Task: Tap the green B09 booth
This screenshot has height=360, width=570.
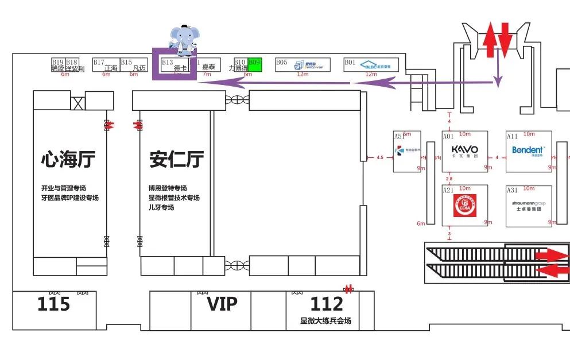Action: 255,64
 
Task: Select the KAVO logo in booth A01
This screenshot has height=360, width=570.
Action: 464,150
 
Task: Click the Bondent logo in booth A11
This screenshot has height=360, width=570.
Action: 528,150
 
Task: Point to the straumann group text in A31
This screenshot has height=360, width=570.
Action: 528,203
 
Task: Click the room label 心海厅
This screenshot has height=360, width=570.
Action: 68,159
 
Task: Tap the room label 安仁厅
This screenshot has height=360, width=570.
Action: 176,159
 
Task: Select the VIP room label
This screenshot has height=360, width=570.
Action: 222,303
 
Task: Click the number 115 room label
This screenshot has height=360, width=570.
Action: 54,304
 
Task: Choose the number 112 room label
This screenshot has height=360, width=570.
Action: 327,304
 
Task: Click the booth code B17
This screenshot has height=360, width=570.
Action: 99,62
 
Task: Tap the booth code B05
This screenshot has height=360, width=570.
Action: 281,62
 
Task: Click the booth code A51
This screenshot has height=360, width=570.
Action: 399,137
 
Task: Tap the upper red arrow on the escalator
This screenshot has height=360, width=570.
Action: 551,254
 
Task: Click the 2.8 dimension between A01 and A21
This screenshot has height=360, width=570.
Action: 449,179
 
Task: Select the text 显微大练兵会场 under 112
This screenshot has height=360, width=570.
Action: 325,321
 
